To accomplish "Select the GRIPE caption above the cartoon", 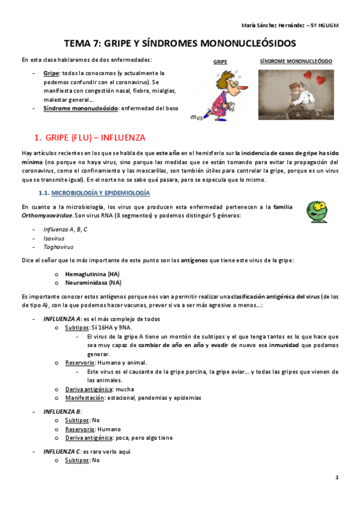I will tap(220, 62).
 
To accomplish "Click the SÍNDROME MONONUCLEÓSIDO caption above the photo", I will tap(296, 61).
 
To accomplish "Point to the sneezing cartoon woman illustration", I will tap(219, 93).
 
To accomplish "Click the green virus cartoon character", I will tap(317, 212).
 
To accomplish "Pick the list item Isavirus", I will tap(54, 238).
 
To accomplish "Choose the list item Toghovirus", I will tap(56, 247).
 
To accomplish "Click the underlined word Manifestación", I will tap(84, 398).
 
